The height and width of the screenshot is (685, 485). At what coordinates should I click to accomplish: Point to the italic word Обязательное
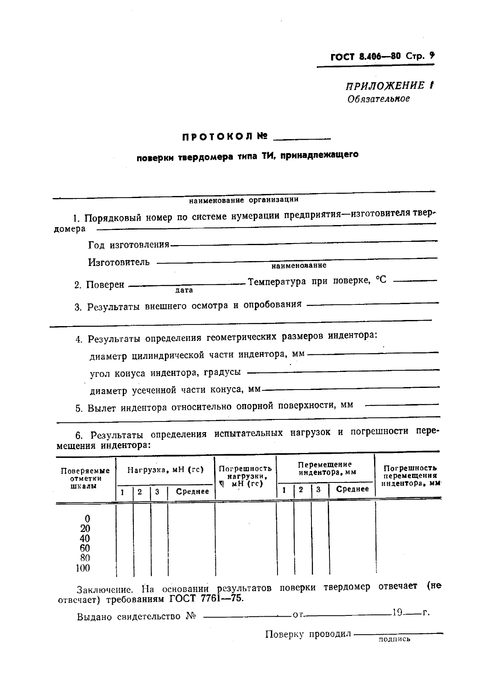(x=378, y=99)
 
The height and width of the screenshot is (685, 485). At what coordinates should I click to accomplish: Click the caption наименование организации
(x=244, y=200)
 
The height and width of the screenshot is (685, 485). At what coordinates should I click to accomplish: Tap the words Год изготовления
(x=129, y=245)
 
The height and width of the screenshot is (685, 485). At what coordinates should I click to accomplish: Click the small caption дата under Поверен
(x=184, y=290)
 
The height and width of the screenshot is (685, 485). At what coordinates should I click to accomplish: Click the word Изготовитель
(x=119, y=262)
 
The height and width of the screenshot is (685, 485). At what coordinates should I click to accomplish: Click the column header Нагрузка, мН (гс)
(x=165, y=470)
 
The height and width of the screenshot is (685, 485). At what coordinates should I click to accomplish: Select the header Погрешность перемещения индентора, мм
(x=410, y=475)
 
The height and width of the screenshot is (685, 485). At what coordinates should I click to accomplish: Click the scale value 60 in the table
(x=85, y=548)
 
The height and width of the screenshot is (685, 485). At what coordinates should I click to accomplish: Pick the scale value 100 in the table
(x=83, y=568)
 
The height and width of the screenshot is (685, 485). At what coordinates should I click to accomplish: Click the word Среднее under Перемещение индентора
(x=352, y=489)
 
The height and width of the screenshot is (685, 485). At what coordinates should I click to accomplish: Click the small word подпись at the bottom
(x=394, y=640)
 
